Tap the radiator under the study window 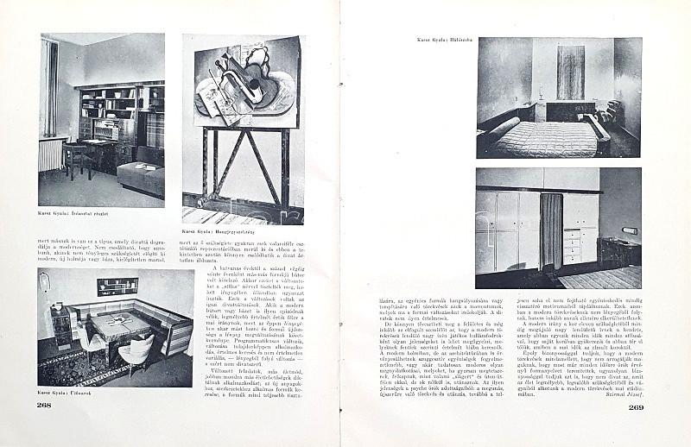tap(52, 154)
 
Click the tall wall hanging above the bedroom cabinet tap(570, 72)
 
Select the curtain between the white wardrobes tap(551, 230)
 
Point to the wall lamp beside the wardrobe tap(629, 231)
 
